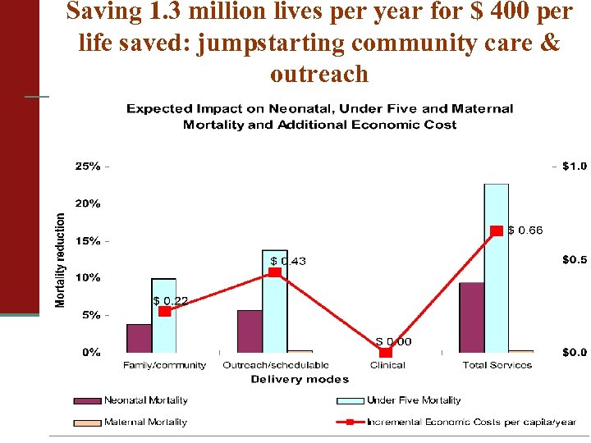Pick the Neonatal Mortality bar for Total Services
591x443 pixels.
coord(471,317)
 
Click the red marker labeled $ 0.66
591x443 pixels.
coord(497,231)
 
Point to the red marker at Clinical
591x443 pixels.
coord(386,352)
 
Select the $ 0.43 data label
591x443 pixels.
coord(288,261)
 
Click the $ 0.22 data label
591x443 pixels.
coord(171,301)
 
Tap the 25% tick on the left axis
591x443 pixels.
coord(88,166)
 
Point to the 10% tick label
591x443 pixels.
coord(88,277)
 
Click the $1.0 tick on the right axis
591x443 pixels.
coord(574,166)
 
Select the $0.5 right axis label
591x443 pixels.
coord(574,259)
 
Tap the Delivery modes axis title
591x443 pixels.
coord(299,379)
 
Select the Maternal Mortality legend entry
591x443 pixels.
coord(145,422)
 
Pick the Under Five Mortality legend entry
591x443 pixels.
coord(413,400)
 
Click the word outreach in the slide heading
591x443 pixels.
coord(319,74)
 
